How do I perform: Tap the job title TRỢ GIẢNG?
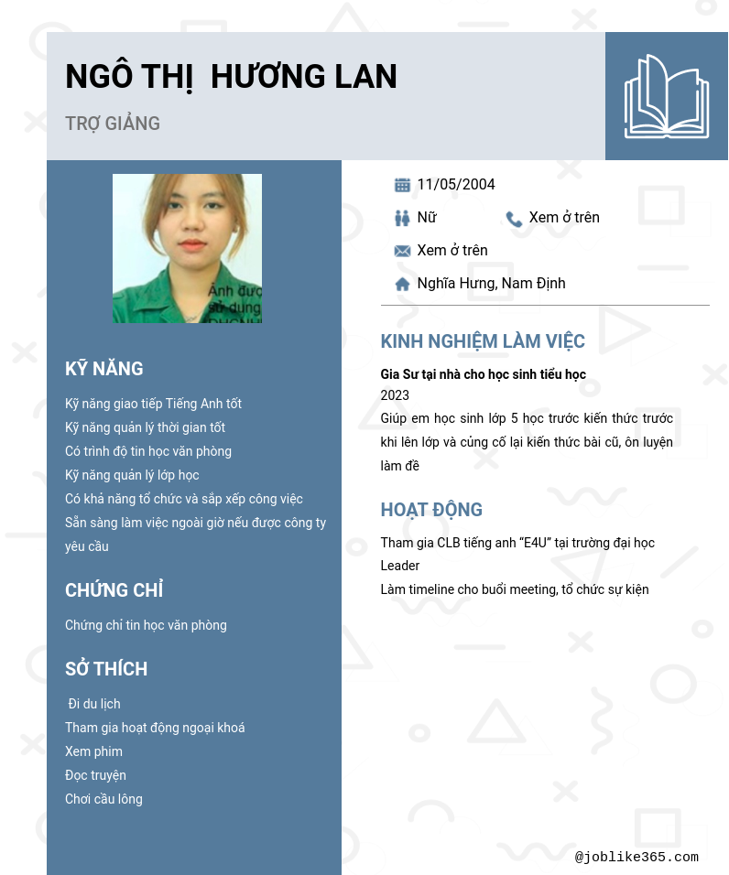[113, 124]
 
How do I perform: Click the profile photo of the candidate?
[187, 248]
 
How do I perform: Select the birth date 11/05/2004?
[456, 185]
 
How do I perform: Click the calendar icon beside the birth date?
[402, 185]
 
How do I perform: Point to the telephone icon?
[514, 219]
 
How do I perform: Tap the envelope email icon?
[402, 251]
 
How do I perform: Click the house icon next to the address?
[402, 285]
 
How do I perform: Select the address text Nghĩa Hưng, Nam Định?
[491, 284]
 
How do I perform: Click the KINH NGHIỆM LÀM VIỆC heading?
[483, 342]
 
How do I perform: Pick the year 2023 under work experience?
[395, 395]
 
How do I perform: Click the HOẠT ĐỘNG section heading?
[431, 511]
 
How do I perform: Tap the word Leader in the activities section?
[400, 566]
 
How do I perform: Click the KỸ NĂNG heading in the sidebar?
[104, 369]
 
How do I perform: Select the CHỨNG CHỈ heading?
[114, 590]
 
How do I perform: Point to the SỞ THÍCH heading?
[106, 669]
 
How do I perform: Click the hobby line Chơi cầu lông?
[103, 799]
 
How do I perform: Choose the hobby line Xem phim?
[93, 751]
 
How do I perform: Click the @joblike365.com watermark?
[637, 858]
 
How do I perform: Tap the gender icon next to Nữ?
[402, 218]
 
